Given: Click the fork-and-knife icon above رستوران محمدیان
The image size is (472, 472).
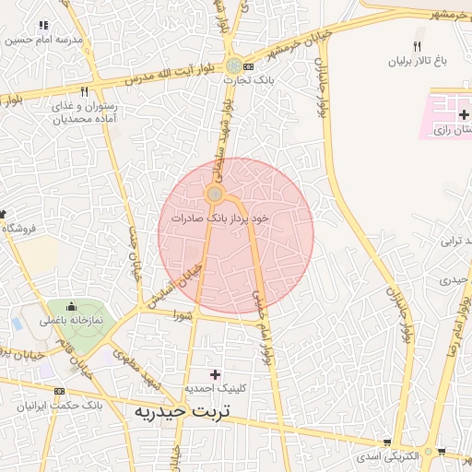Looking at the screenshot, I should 84,91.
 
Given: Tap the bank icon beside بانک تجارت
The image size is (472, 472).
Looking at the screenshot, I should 249,67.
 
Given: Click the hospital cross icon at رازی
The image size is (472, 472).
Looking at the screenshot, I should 463,113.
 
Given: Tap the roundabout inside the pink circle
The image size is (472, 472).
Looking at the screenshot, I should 215,194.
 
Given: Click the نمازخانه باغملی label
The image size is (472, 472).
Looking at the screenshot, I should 71,321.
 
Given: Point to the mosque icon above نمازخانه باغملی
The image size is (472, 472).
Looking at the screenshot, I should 72,305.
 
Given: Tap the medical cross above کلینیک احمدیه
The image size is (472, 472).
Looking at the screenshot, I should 216,374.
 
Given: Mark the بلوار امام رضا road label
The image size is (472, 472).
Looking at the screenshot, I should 454,327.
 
